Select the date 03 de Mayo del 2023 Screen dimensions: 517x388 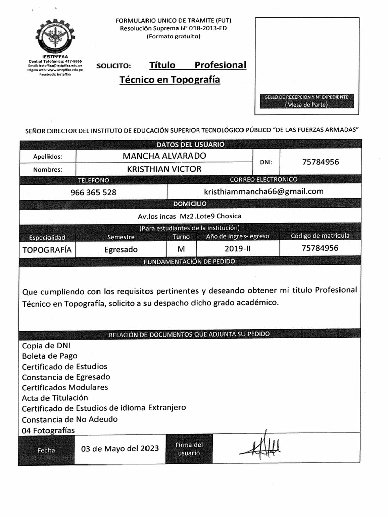pyautogui.click(x=120, y=448)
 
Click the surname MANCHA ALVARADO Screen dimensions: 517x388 pyautogui.click(x=164, y=156)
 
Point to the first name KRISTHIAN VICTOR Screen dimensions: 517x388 pyautogui.click(x=164, y=169)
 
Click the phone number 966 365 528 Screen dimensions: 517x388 pyautogui.click(x=93, y=192)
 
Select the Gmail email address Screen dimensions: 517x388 pyautogui.click(x=263, y=191)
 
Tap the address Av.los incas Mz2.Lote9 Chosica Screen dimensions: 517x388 pyautogui.click(x=190, y=216)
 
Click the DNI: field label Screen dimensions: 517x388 pyautogui.click(x=266, y=162)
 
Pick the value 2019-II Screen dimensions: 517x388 pyautogui.click(x=237, y=248)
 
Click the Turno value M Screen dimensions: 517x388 pyautogui.click(x=181, y=249)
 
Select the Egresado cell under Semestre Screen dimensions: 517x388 pyautogui.click(x=121, y=249)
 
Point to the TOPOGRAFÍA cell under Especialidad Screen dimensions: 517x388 pyautogui.click(x=47, y=249)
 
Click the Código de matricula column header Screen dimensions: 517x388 pyautogui.click(x=320, y=236)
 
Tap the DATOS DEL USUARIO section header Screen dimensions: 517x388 pyautogui.click(x=190, y=144)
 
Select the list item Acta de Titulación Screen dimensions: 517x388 pyautogui.click(x=55, y=398)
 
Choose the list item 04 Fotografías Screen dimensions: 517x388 pyautogui.click(x=48, y=430)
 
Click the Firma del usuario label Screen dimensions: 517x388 pyautogui.click(x=189, y=449)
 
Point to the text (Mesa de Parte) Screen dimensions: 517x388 pyautogui.click(x=306, y=105)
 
